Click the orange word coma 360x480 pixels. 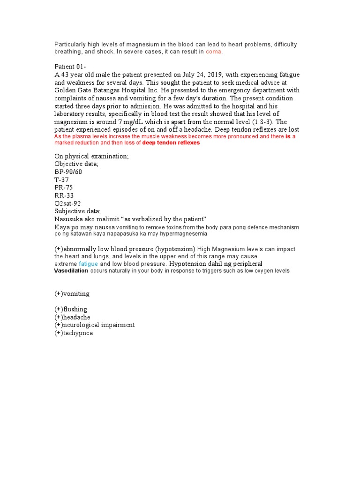pyautogui.click(x=213, y=52)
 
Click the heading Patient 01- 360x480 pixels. pyautogui.click(x=70, y=67)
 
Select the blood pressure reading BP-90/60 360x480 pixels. pyautogui.click(x=68, y=172)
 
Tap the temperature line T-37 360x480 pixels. pyautogui.click(x=61, y=180)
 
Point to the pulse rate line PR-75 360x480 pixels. pyautogui.click(x=64, y=187)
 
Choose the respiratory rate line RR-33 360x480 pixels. pyautogui.click(x=64, y=195)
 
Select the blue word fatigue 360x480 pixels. pyautogui.click(x=89, y=264)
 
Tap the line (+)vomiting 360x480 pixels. pyautogui.click(x=72, y=294)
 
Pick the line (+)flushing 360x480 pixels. pyautogui.click(x=71, y=309)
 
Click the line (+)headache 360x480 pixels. pyautogui.click(x=73, y=317)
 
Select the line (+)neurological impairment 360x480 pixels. pyautogui.click(x=94, y=325)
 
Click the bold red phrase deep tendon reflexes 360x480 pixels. pyautogui.click(x=171, y=143)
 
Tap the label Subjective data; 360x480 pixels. pyautogui.click(x=77, y=211)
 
